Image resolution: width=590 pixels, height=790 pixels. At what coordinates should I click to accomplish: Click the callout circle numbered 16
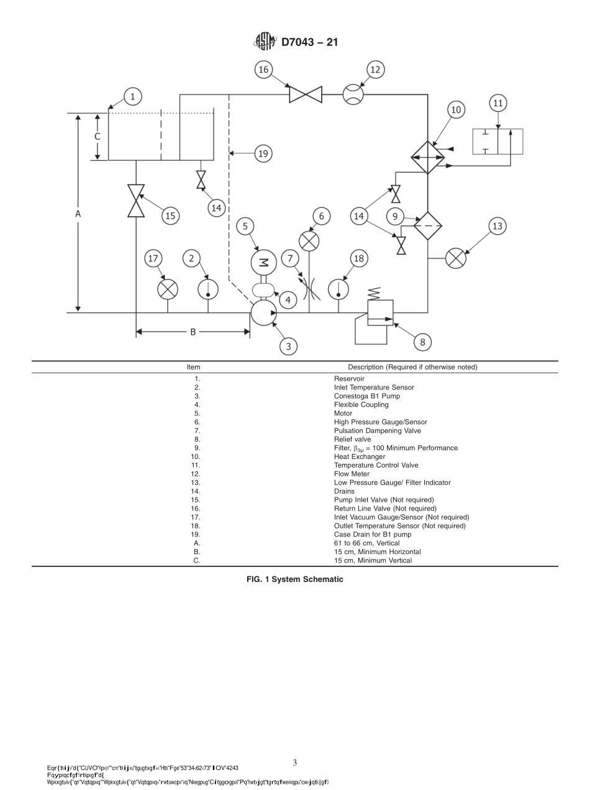[264, 70]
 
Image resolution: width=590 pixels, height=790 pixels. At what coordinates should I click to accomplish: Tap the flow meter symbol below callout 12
[353, 94]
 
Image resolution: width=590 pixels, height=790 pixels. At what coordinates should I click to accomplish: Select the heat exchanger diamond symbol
[428, 157]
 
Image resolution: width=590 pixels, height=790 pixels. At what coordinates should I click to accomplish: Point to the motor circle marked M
[263, 262]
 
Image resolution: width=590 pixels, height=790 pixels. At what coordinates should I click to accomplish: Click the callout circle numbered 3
[288, 346]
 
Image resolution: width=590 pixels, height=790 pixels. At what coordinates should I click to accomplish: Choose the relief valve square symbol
[380, 312]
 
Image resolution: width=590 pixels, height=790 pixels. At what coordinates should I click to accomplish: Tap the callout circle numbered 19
[263, 153]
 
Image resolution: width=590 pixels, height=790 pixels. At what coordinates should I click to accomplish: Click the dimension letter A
[78, 213]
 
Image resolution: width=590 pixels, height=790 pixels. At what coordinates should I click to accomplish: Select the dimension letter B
[193, 332]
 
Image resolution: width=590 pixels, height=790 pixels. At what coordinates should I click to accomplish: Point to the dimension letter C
[97, 136]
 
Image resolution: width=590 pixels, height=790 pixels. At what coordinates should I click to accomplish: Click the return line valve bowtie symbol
[306, 94]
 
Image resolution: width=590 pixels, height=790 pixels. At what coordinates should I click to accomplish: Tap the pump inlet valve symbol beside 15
[136, 201]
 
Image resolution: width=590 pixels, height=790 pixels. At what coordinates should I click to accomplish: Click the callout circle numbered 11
[498, 103]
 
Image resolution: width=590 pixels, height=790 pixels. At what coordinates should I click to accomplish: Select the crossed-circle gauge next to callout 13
[456, 258]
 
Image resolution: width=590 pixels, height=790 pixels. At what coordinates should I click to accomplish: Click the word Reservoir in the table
[349, 379]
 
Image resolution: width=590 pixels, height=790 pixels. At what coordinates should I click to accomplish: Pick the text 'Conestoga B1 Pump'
[367, 396]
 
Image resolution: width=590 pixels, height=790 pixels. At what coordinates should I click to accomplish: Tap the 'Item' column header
[194, 367]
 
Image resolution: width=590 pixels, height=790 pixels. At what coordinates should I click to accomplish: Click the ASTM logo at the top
[265, 42]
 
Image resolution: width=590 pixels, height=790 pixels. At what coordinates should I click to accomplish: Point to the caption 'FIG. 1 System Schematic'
[295, 579]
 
